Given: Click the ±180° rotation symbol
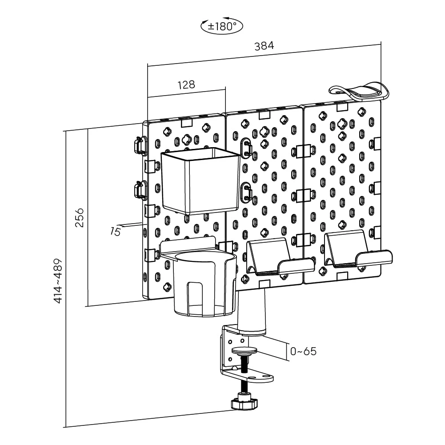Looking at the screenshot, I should coord(222,26).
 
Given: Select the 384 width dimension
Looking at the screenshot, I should coord(264,45).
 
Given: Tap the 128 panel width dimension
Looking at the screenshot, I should coord(186,84).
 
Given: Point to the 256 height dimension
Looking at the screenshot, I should coord(79,217).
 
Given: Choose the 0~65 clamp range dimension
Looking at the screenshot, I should coord(303,351).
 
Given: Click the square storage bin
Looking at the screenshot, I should coord(199,180).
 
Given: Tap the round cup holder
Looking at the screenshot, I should coord(204,285).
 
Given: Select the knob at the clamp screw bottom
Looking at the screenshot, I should coord(245,403).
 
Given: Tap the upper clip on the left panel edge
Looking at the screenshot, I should coord(139,145).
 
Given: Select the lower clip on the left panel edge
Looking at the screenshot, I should coord(139,191).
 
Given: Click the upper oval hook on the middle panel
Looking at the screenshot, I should coord(246,148).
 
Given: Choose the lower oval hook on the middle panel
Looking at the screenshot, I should coord(246,192).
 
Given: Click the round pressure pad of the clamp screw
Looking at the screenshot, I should coord(245,351).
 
